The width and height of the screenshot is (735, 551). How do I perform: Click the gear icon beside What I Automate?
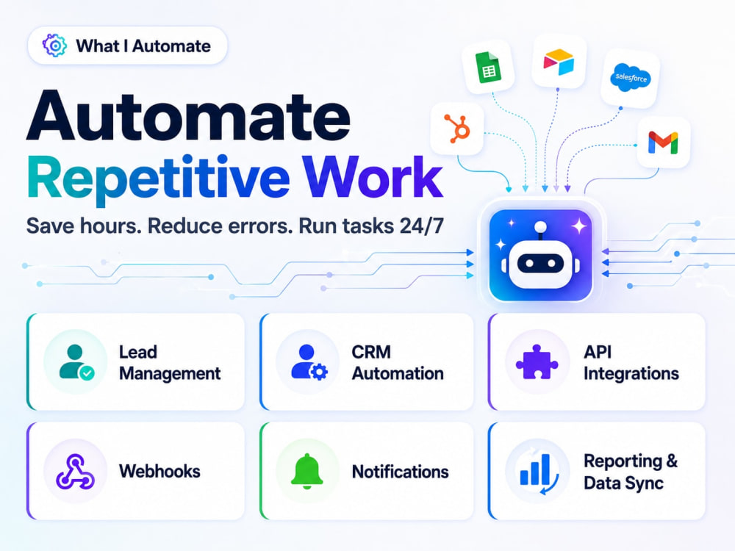(55, 46)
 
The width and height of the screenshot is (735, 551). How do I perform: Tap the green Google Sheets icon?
(488, 68)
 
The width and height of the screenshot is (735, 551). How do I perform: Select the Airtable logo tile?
(559, 62)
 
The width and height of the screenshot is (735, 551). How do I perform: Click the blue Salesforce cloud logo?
(631, 77)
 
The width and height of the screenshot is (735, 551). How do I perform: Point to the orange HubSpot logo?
(457, 128)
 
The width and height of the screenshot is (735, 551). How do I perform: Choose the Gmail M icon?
(663, 143)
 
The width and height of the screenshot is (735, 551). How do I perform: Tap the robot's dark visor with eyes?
(540, 263)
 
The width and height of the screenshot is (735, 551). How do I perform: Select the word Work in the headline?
(372, 178)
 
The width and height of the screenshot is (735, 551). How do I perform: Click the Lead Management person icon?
(76, 362)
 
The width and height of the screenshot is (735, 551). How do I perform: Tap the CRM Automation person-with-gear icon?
(309, 362)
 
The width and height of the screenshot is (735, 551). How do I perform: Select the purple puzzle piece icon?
(537, 361)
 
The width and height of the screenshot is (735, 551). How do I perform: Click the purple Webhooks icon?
(75, 472)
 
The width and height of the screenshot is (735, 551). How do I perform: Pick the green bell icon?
(307, 471)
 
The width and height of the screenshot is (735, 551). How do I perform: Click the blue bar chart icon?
(537, 471)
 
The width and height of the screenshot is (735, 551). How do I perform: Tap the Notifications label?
(401, 472)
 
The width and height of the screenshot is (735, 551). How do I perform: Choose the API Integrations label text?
(631, 363)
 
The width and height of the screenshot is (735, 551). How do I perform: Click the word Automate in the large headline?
(188, 115)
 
